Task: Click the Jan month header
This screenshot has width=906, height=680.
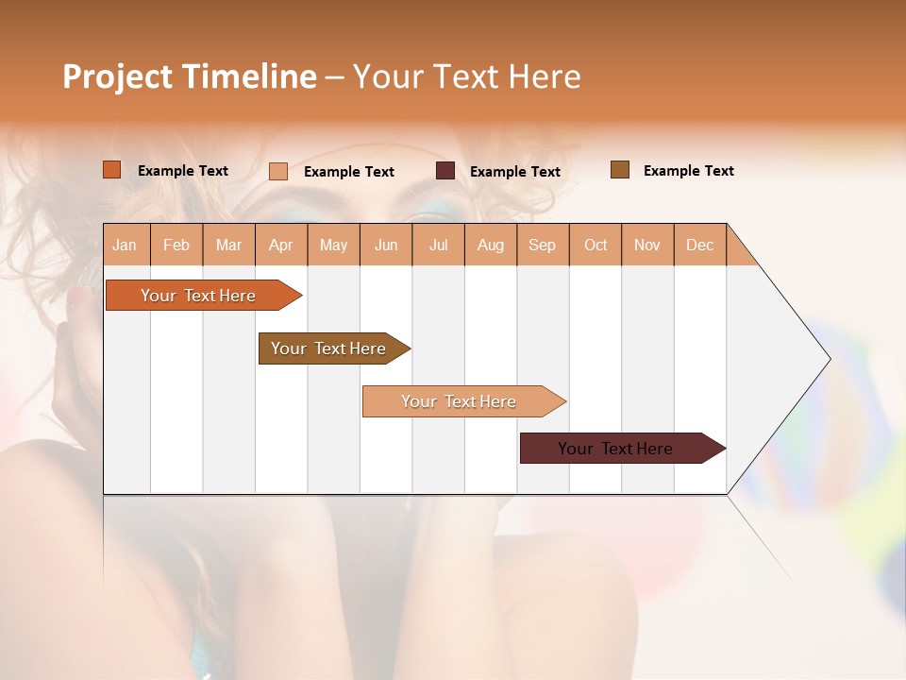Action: tap(126, 245)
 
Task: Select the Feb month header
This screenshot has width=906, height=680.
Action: tap(176, 245)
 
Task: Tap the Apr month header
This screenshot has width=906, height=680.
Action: tap(281, 245)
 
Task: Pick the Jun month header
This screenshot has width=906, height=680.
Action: tap(386, 245)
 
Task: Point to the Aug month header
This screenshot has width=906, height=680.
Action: tap(491, 245)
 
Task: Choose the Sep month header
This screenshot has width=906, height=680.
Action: tap(543, 245)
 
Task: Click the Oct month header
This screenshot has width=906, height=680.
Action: tap(596, 245)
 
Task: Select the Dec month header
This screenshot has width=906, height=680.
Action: tap(700, 245)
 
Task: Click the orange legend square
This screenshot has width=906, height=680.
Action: tap(112, 170)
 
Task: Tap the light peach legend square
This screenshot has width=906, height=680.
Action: tap(278, 171)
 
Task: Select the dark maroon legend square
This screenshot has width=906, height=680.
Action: tap(445, 171)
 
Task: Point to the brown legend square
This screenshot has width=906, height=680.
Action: tap(620, 170)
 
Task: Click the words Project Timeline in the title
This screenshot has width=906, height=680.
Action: tap(189, 76)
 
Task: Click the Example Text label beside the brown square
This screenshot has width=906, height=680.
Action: tap(689, 171)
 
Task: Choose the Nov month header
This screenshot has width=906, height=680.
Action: tap(647, 245)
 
